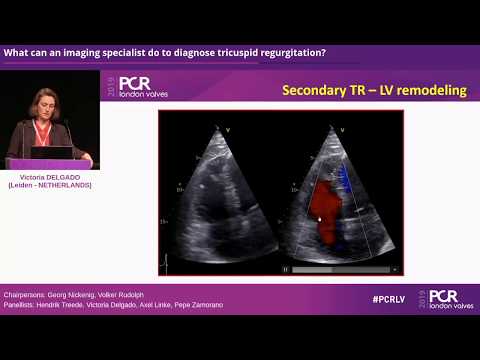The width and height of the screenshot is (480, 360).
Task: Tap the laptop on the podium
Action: click(54, 153)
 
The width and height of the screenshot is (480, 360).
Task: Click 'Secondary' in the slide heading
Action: click(315, 90)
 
